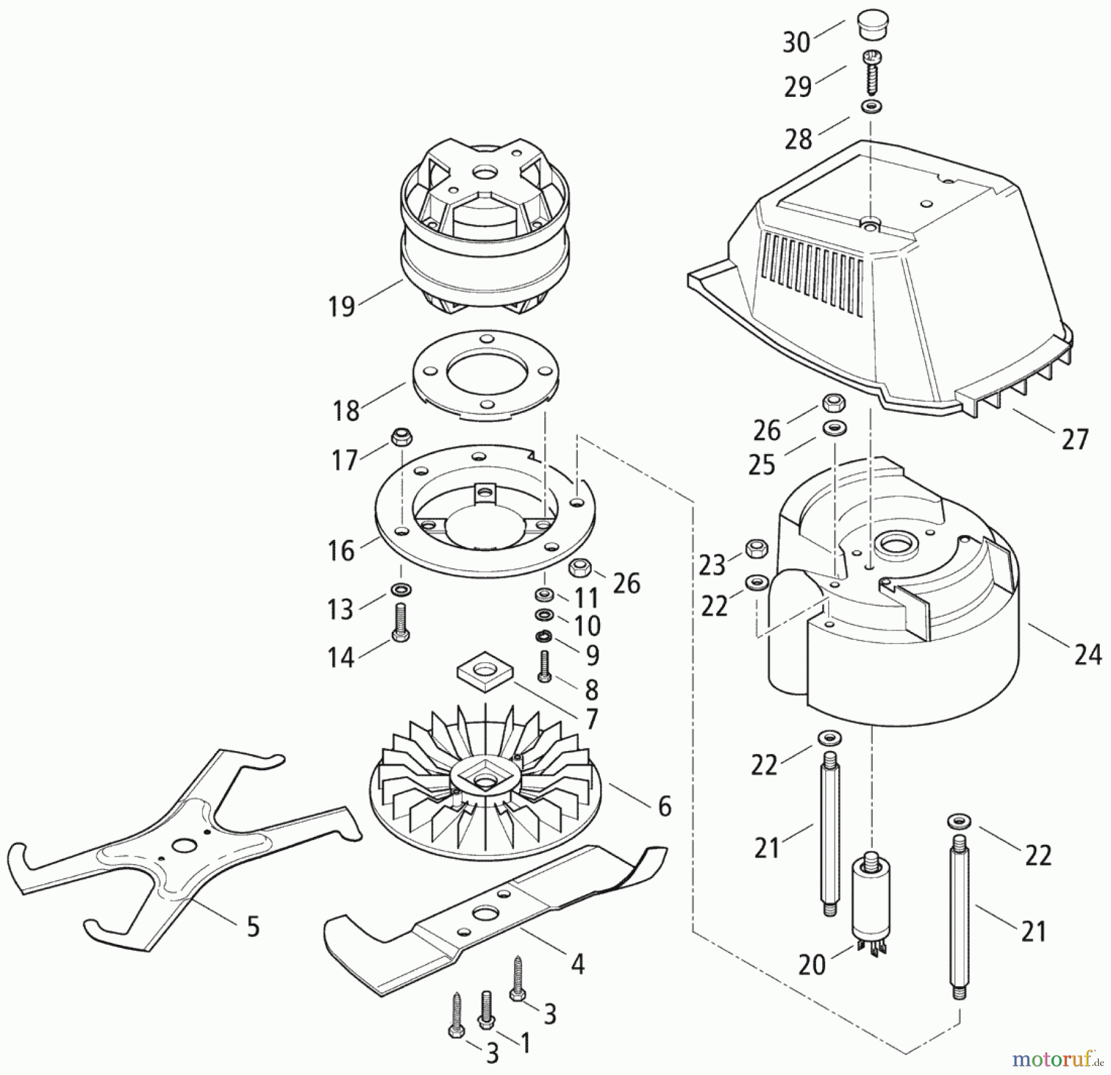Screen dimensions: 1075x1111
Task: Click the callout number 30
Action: point(796,43)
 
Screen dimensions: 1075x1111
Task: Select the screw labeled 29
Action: point(872,72)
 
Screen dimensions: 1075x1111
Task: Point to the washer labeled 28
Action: point(870,106)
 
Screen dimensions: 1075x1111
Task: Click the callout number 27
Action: point(1075,439)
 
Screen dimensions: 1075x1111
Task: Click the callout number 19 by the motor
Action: point(341,305)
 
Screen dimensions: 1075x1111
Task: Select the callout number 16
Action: point(341,550)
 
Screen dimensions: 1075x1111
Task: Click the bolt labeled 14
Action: point(400,623)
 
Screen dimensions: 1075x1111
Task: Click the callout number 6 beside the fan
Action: point(664,806)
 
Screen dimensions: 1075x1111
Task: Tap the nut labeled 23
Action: point(757,547)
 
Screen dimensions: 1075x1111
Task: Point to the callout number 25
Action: point(761,465)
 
